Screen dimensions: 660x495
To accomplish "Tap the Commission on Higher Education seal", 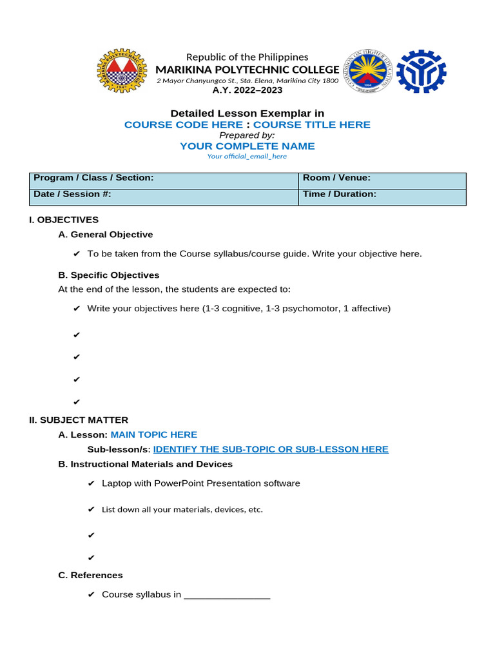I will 367,72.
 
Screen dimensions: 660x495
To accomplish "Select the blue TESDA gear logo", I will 421,72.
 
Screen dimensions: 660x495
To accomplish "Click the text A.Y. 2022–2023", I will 247,90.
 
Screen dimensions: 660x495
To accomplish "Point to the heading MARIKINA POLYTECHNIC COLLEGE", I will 247,70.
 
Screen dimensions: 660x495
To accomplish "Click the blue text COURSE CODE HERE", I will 184,124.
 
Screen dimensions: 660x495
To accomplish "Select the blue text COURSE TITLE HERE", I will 312,124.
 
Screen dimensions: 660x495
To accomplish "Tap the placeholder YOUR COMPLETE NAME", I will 247,146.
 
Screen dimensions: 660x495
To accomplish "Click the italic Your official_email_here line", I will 247,157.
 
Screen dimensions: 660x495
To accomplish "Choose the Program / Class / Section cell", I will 164,180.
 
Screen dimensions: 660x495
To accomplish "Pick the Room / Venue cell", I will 382,180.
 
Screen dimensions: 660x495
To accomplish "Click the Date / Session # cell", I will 164,197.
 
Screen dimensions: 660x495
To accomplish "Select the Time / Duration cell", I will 382,197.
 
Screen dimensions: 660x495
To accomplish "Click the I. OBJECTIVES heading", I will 64,220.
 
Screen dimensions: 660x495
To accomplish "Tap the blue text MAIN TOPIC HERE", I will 154,435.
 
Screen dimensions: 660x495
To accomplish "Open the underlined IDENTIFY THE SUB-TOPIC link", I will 271,449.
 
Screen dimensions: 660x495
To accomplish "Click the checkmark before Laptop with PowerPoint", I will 92,483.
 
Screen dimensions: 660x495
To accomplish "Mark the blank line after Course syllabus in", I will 227,595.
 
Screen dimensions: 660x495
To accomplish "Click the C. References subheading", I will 90,575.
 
